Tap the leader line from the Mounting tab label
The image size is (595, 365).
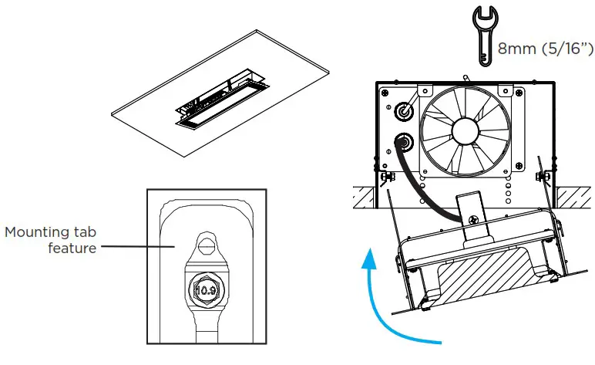coord(138,247)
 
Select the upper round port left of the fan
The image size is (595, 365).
coord(402,112)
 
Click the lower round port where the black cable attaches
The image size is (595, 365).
coord(402,142)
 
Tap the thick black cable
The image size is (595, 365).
coord(421,193)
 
